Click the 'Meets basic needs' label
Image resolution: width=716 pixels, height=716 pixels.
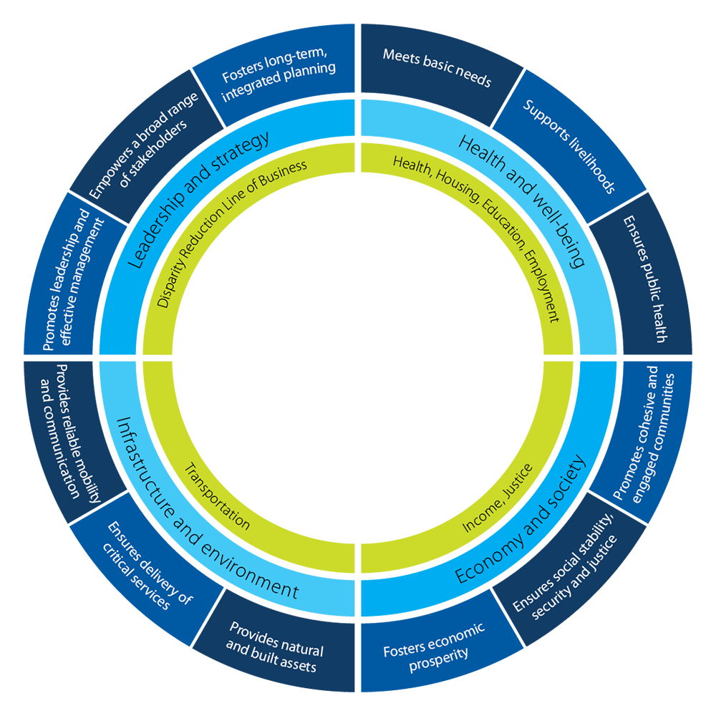coord(437,67)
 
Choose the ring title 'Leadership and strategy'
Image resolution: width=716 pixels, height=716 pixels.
coord(198,199)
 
